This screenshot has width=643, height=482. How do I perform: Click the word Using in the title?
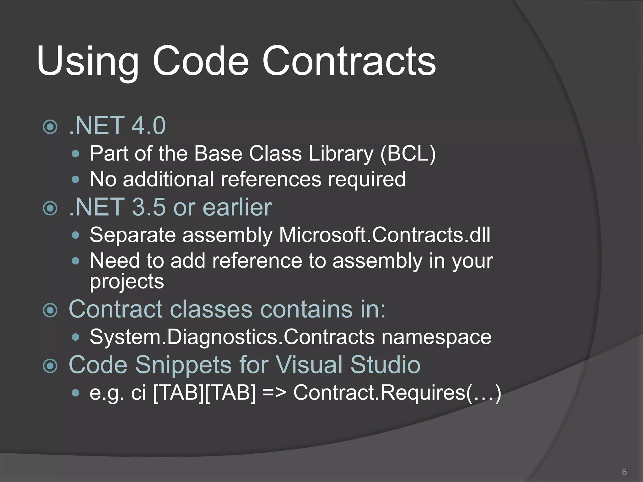pyautogui.click(x=88, y=61)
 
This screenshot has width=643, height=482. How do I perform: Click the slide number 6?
pyautogui.click(x=624, y=472)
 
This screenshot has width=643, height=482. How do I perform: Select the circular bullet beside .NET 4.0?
pyautogui.click(x=50, y=127)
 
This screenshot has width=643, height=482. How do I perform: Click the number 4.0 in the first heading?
pyautogui.click(x=148, y=126)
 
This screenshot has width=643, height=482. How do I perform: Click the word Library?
pyautogui.click(x=341, y=154)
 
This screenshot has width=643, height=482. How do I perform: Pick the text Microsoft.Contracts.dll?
pyautogui.click(x=384, y=235)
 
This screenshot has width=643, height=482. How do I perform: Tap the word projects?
pyautogui.click(x=127, y=281)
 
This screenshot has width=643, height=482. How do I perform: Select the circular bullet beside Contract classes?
pyautogui.click(x=50, y=310)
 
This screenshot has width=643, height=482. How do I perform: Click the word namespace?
pyautogui.click(x=436, y=337)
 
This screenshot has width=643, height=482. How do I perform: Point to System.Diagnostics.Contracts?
pyautogui.click(x=232, y=337)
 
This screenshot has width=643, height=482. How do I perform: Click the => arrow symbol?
pyautogui.click(x=274, y=393)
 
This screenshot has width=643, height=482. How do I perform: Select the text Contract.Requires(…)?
pyautogui.click(x=397, y=393)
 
